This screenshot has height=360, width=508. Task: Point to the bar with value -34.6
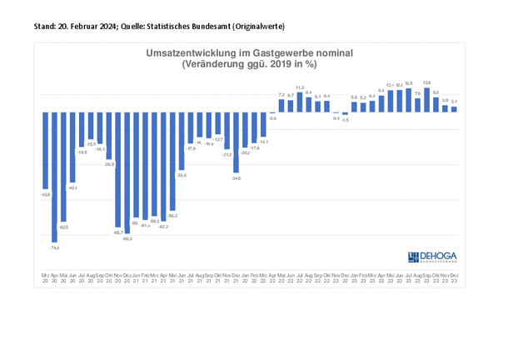tap(237, 142)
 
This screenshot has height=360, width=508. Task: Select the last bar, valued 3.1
tap(454, 108)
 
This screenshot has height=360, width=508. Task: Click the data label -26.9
tap(108, 164)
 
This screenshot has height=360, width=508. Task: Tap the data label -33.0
tap(182, 175)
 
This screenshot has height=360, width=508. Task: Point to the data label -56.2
tap(172, 216)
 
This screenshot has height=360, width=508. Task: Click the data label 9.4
tap(381, 90)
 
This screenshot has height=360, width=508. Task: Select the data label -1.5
tap(345, 121)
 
